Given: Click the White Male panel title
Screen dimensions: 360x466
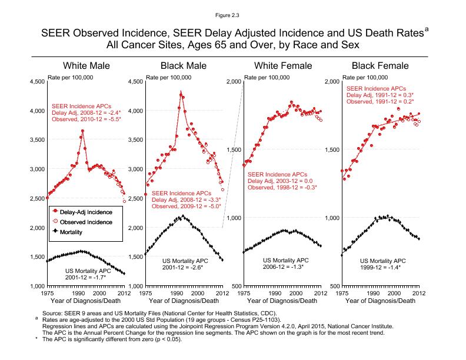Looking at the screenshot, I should click(86, 65).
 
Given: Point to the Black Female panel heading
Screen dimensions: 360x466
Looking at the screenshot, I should click(380, 65).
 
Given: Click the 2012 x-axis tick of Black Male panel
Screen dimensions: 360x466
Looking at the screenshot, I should click(222, 292).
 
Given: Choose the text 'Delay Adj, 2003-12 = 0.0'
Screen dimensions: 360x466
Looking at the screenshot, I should click(280, 181).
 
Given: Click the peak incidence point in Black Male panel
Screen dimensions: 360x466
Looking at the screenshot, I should click(181, 92).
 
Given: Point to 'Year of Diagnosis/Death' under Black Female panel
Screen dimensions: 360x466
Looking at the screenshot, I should click(380, 301).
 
